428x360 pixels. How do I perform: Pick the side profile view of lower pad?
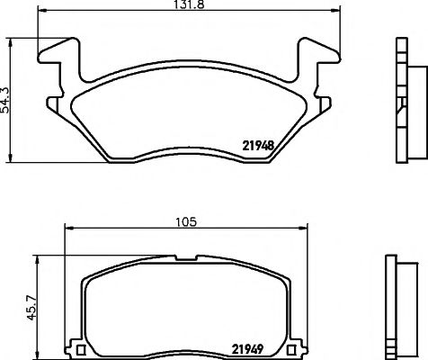[397, 305]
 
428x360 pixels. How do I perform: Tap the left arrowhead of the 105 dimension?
[66, 230]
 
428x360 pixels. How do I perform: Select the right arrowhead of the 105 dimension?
[303, 230]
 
